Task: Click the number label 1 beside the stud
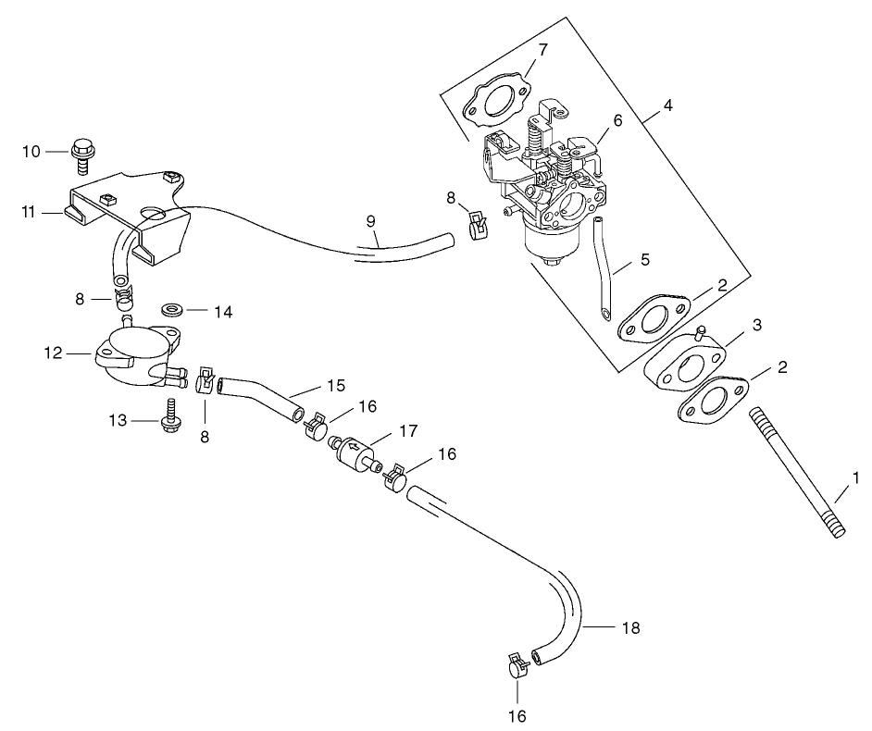pyautogui.click(x=856, y=478)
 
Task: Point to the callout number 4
pyautogui.click(x=667, y=105)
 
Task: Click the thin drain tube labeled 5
pyautogui.click(x=602, y=267)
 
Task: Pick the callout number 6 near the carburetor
pyautogui.click(x=617, y=120)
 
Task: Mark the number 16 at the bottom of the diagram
pyautogui.click(x=517, y=715)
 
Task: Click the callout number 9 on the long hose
pyautogui.click(x=370, y=221)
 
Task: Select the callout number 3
pyautogui.click(x=756, y=325)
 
